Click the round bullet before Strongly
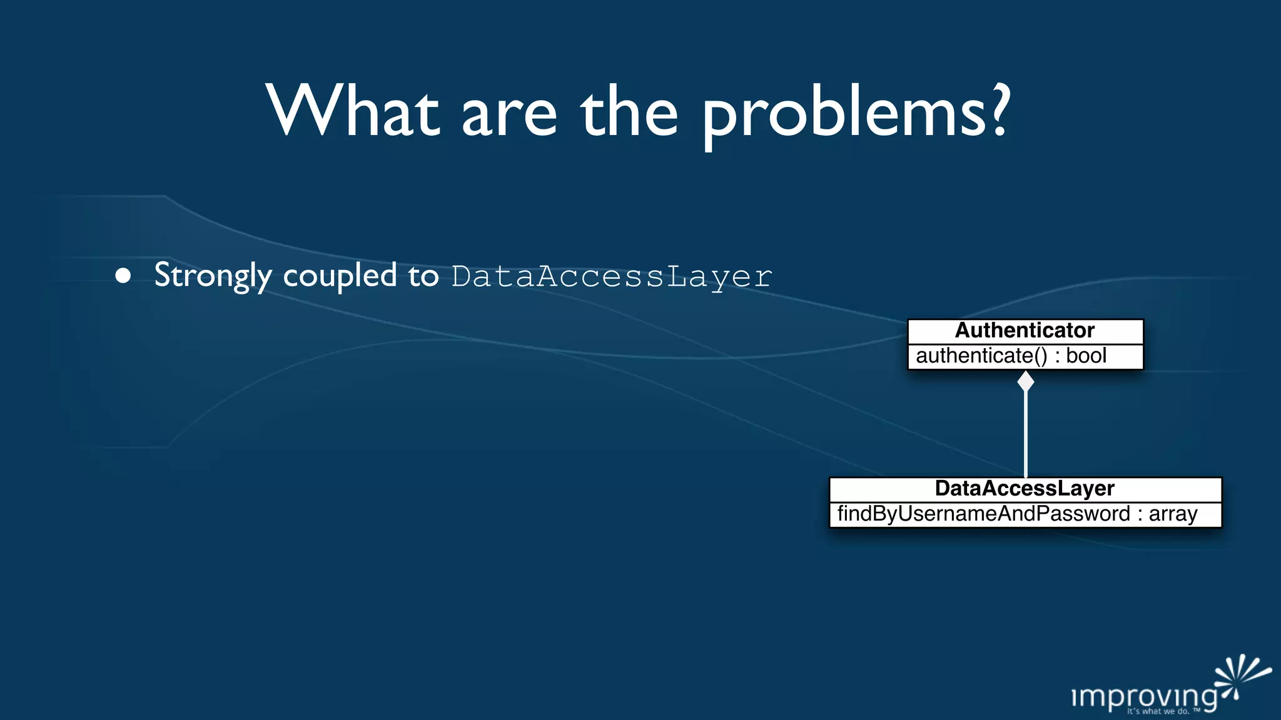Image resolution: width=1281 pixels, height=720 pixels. pyautogui.click(x=123, y=276)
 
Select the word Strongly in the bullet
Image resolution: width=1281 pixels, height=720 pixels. pyautogui.click(x=213, y=276)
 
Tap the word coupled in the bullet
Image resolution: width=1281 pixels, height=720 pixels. pyautogui.click(x=340, y=276)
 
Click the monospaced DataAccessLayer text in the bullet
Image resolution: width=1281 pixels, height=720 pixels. pyautogui.click(x=612, y=277)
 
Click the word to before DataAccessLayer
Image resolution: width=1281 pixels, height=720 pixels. pyautogui.click(x=423, y=276)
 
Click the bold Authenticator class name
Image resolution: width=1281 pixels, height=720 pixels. pyautogui.click(x=1025, y=331)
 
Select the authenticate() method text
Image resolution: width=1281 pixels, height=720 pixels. pyautogui.click(x=981, y=356)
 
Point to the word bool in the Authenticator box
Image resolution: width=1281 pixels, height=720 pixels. pyautogui.click(x=1086, y=356)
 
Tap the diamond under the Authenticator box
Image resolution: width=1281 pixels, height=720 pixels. pyautogui.click(x=1026, y=381)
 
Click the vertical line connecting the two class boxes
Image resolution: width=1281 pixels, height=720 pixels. pyautogui.click(x=1026, y=434)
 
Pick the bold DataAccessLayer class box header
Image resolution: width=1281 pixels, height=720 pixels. pyautogui.click(x=1025, y=489)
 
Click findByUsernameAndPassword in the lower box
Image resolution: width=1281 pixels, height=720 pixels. pyautogui.click(x=983, y=514)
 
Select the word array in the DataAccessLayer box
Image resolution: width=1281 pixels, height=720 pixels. pyautogui.click(x=1173, y=514)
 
